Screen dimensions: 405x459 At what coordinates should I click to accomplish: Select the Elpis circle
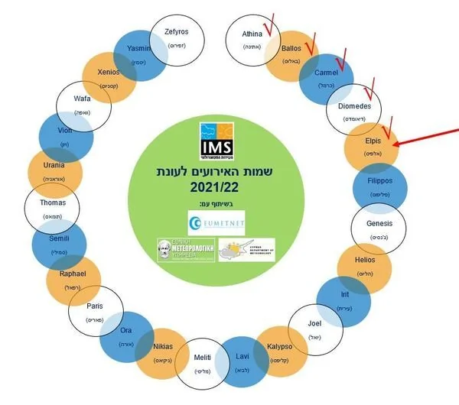coord(371,146)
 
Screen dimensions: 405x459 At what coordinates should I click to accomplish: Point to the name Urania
coord(53,165)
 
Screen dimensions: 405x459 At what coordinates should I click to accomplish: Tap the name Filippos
coord(380,182)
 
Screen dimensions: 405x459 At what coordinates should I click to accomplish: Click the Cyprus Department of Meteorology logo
coord(246,250)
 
